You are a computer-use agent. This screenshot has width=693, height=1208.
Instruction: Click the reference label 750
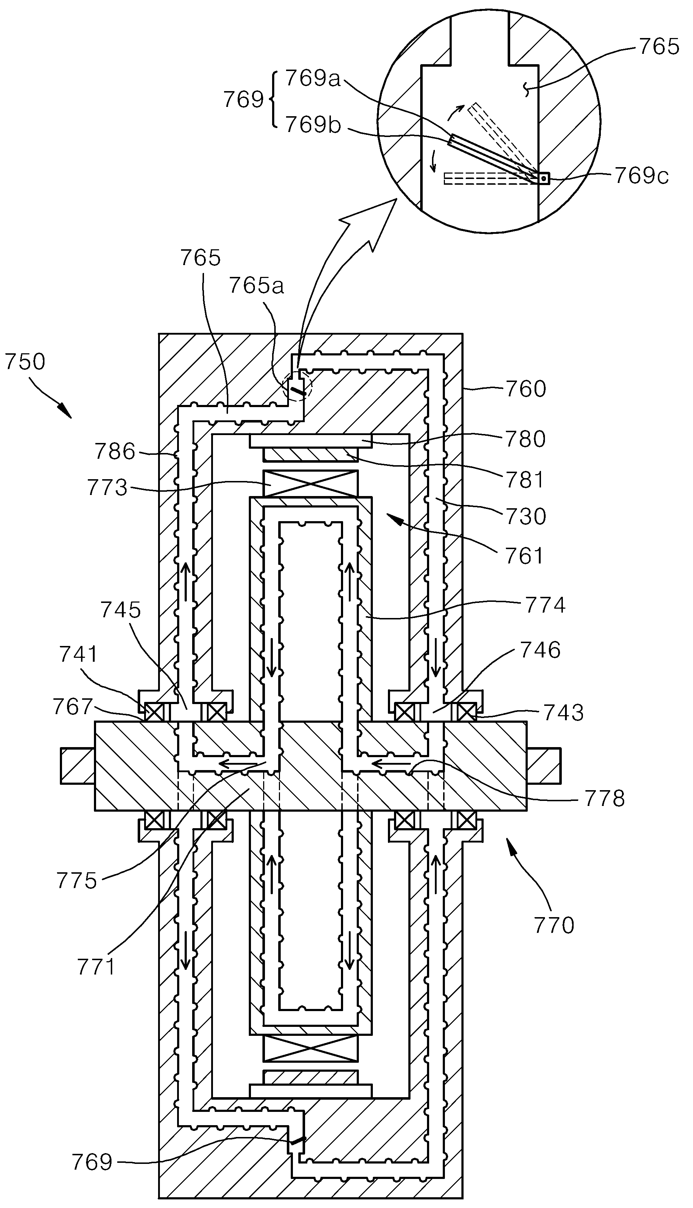click(x=25, y=362)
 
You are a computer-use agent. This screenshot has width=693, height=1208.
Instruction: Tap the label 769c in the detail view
click(x=641, y=176)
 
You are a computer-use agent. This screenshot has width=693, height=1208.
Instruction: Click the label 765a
click(x=256, y=286)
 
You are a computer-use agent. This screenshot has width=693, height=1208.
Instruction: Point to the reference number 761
click(x=525, y=556)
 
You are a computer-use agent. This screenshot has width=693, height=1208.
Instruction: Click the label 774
click(x=545, y=605)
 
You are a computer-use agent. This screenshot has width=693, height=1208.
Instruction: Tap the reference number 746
click(x=540, y=650)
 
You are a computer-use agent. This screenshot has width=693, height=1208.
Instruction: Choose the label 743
click(x=564, y=712)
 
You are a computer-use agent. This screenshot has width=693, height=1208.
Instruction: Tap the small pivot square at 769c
click(x=543, y=179)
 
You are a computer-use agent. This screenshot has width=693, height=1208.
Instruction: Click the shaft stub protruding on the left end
click(x=77, y=766)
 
